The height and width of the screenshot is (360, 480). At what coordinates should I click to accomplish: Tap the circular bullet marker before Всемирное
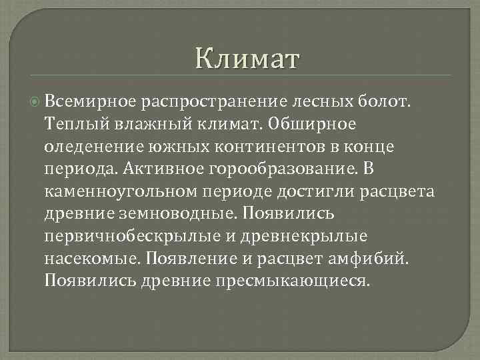tap(35, 101)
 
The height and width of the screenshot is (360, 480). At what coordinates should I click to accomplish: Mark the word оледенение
tap(87, 146)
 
